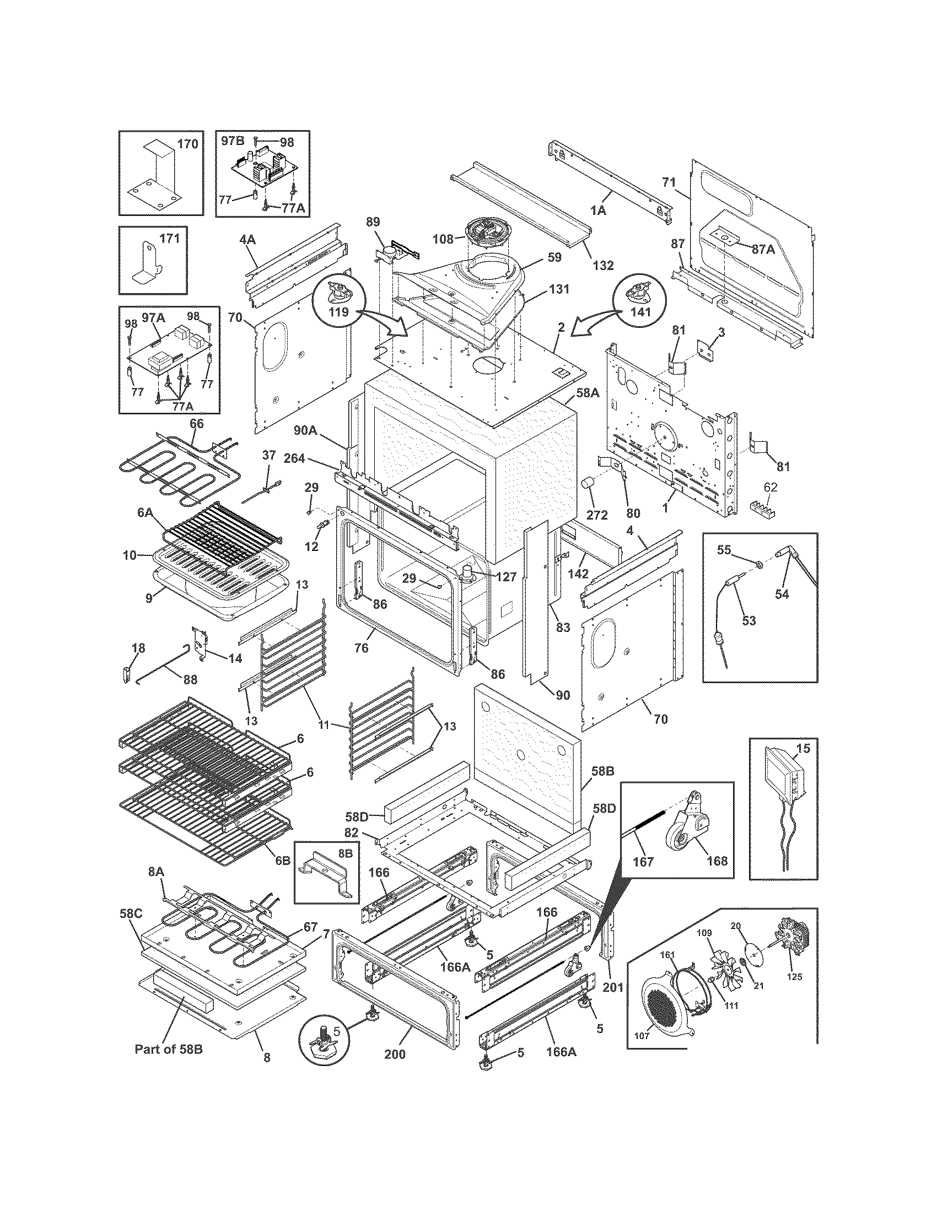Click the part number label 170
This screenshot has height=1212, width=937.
coord(187,144)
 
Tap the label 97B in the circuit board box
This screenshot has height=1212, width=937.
coord(232,141)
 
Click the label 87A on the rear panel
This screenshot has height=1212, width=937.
coord(763,249)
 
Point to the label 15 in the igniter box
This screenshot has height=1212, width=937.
coord(803,749)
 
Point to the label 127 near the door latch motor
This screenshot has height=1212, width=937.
coord(506,577)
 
